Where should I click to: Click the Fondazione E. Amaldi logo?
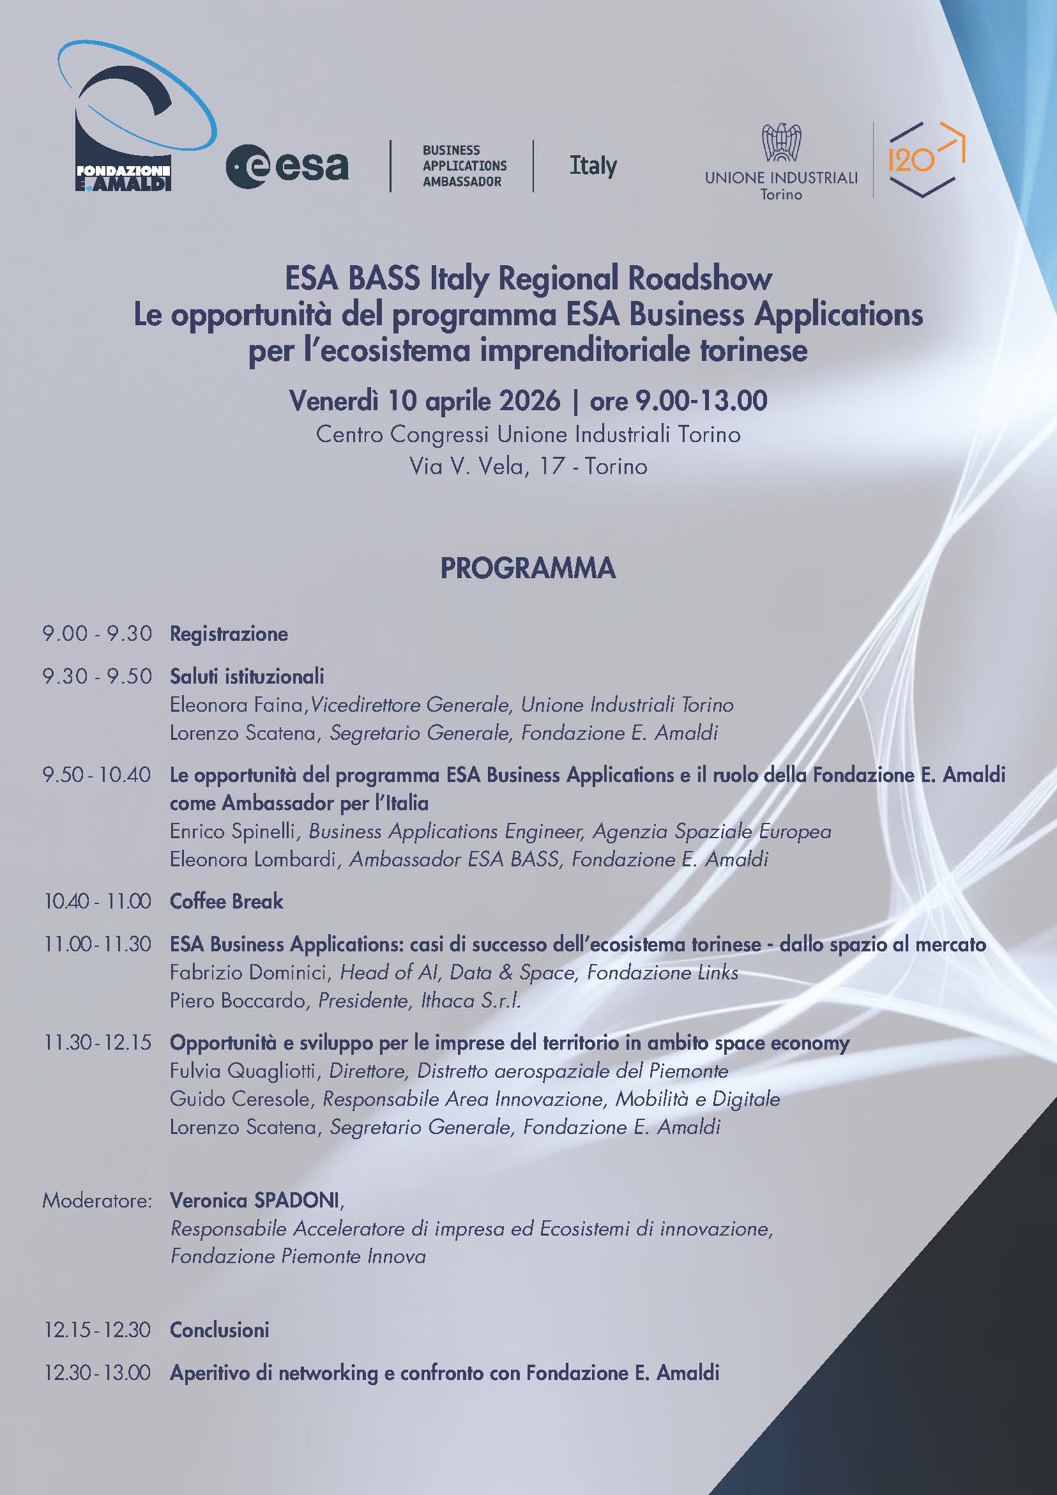click(133, 117)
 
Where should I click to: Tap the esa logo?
click(287, 167)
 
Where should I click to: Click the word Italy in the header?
click(593, 165)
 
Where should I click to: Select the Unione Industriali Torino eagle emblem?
click(781, 142)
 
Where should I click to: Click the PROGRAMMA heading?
click(528, 569)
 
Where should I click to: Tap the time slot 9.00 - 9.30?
click(97, 634)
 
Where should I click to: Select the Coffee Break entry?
click(226, 901)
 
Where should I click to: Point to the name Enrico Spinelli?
click(235, 831)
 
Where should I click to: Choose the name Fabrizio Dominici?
click(248, 972)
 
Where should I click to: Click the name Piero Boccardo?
click(237, 1000)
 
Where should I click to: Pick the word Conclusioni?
click(219, 1330)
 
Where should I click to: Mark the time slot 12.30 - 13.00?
click(97, 1373)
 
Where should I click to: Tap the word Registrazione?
click(229, 634)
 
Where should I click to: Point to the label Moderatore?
click(97, 1200)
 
